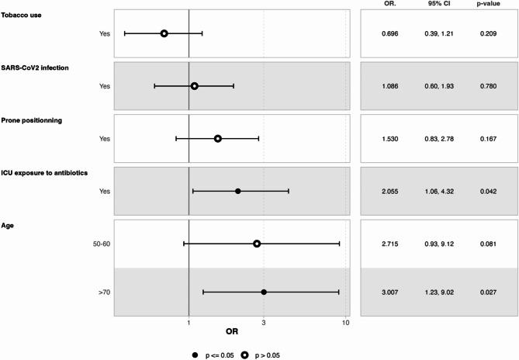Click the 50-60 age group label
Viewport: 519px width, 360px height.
click(101, 244)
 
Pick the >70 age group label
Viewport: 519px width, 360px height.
click(104, 292)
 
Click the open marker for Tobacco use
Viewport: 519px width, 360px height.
click(164, 33)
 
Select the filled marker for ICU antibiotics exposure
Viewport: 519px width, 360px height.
click(237, 191)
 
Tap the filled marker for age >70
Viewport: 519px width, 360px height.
click(264, 292)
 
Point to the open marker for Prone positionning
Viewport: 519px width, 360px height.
click(218, 139)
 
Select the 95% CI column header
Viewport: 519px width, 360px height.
click(434, 7)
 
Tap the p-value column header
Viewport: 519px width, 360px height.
click(485, 7)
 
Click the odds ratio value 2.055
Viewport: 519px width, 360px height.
click(389, 191)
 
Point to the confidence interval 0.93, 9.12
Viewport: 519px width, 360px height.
click(434, 244)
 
